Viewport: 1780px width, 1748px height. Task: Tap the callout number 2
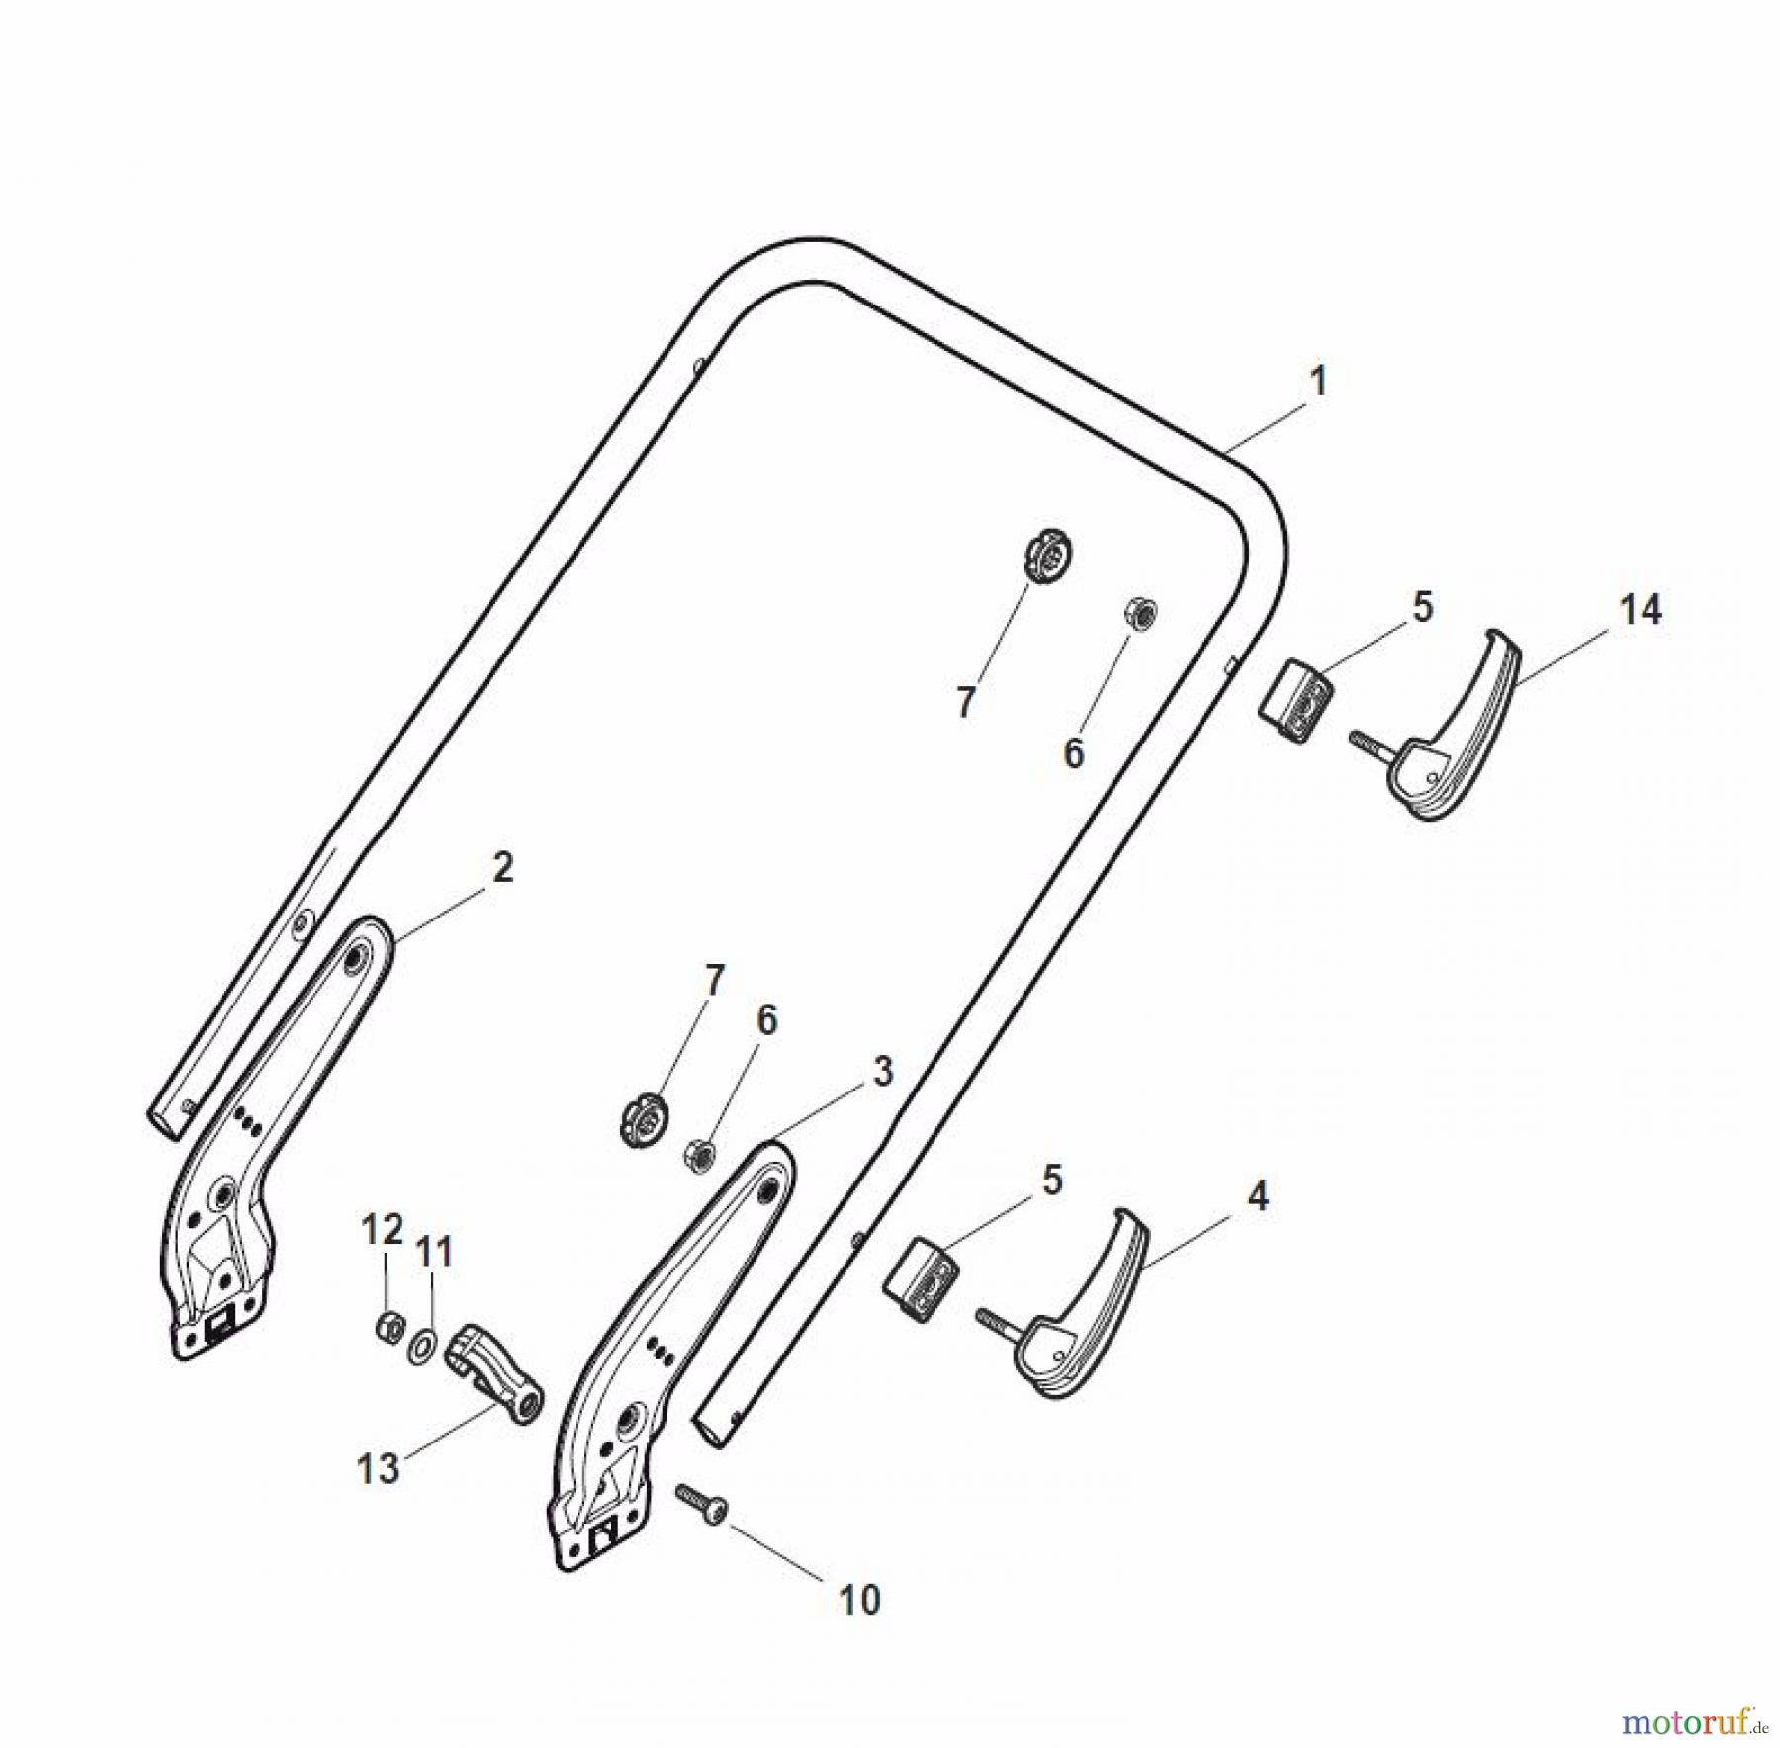(x=502, y=868)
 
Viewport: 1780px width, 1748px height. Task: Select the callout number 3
(x=882, y=1072)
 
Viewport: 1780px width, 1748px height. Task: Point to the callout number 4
(x=1257, y=1197)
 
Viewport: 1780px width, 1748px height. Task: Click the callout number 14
(x=1641, y=610)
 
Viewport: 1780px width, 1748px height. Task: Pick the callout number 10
(x=859, y=1600)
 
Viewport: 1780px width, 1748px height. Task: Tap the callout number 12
(x=382, y=1229)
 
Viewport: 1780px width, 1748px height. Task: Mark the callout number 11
(x=433, y=1252)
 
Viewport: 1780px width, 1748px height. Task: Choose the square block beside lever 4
(x=921, y=1278)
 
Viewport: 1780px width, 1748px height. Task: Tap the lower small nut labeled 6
(x=700, y=1153)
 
